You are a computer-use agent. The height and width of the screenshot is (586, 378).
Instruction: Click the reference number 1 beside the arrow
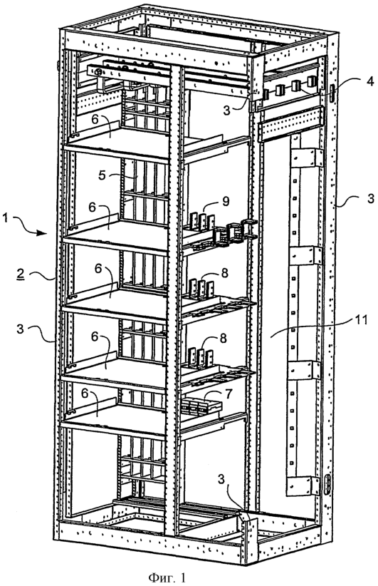(x=6, y=217)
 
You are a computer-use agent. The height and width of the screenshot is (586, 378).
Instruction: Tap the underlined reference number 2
(x=21, y=274)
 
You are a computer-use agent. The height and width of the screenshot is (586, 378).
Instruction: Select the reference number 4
(x=369, y=81)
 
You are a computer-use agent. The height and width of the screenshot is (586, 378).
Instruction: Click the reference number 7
(x=228, y=393)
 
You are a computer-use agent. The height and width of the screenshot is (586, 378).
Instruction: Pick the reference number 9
(x=226, y=202)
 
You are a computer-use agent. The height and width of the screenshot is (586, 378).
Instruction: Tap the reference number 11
(x=362, y=320)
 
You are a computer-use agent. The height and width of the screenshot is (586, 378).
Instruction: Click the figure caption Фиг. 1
(x=167, y=577)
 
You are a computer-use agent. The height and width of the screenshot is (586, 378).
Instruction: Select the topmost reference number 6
(x=95, y=119)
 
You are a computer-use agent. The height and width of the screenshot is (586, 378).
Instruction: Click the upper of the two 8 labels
(x=224, y=272)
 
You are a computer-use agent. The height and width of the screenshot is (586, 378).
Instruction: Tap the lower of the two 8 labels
(x=223, y=338)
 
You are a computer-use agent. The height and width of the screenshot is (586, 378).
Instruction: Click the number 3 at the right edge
(x=370, y=198)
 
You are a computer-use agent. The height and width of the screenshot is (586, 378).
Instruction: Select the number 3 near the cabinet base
(x=221, y=480)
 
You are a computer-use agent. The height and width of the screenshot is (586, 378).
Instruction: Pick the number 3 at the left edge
(x=20, y=329)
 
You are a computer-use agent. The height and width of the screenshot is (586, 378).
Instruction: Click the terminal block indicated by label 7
(x=201, y=406)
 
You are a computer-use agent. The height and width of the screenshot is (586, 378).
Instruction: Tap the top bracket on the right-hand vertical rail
(x=307, y=158)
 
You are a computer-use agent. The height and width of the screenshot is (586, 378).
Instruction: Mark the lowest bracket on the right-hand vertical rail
(x=303, y=485)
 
